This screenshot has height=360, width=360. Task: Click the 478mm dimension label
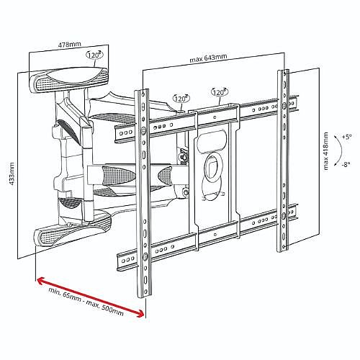coord(69,45)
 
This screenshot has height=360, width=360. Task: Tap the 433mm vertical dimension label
coord(12,174)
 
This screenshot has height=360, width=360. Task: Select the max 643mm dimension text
coord(208,58)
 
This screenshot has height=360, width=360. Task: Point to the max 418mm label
coord(325,151)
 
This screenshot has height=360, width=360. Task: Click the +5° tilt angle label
coord(347,137)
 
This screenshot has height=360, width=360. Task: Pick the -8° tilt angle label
coord(346,165)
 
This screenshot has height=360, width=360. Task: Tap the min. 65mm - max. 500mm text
coord(86,302)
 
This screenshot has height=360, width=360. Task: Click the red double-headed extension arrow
coord(91,297)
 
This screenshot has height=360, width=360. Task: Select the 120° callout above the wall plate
coord(94,55)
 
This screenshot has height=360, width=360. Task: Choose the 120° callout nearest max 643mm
coord(220,92)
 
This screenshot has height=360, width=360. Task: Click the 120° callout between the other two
coord(181,99)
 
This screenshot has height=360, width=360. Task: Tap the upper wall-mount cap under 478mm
coord(69,80)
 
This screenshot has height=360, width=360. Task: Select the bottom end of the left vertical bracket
coord(145,297)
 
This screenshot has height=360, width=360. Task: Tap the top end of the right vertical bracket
coord(284,71)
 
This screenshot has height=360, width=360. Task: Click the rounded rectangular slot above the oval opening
coord(212,141)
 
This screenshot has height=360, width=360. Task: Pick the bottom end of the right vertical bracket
coord(283,251)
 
